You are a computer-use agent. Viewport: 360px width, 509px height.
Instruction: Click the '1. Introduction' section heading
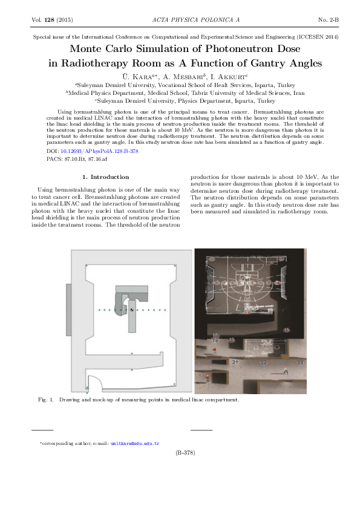pyautogui.click(x=105, y=177)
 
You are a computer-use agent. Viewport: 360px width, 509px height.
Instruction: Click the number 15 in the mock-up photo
pyautogui.click(x=287, y=329)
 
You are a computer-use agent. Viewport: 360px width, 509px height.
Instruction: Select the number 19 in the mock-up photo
pyautogui.click(x=232, y=340)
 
